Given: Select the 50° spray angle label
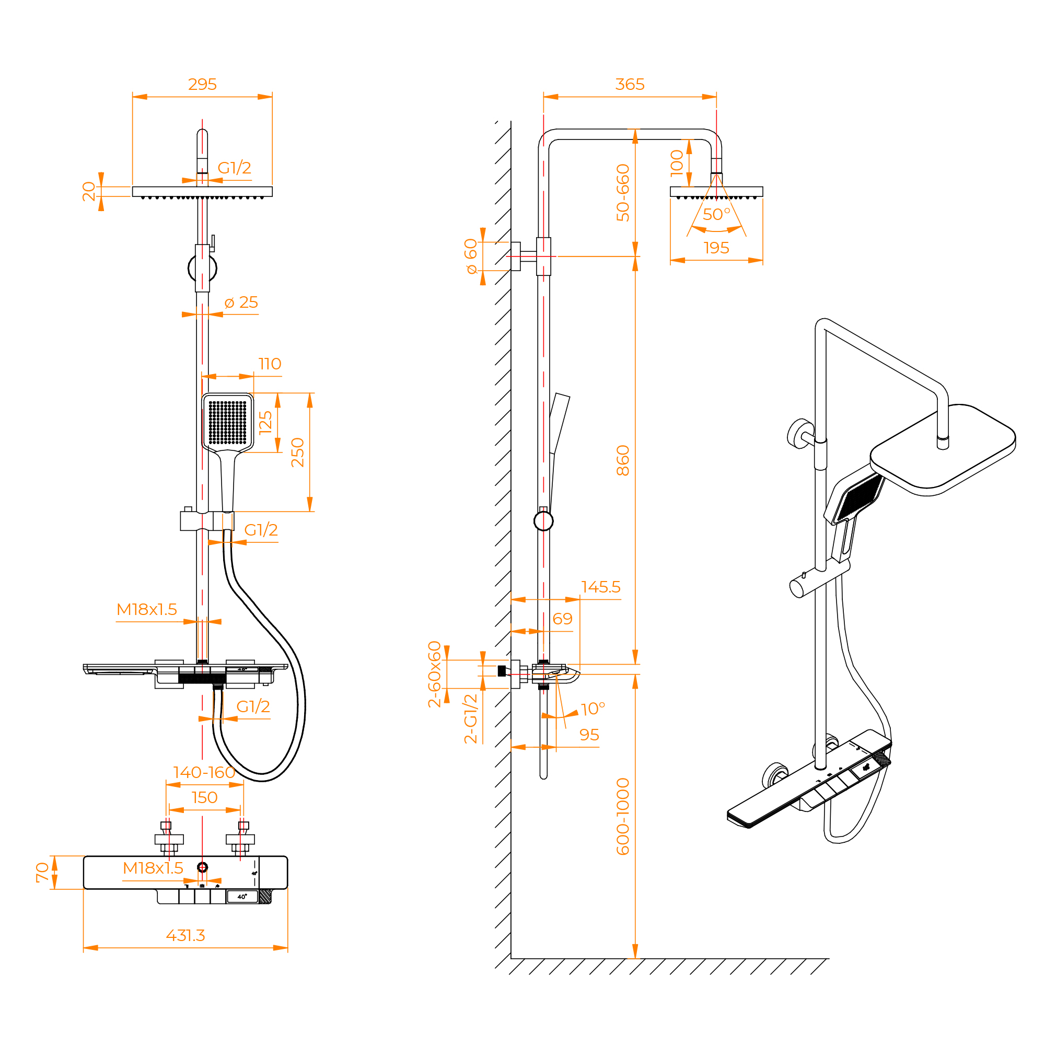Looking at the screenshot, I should (716, 215).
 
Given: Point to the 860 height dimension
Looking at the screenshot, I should (623, 460).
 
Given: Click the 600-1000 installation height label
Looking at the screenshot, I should (623, 816).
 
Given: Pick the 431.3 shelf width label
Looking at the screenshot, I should (185, 935).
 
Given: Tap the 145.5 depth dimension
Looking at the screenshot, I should (600, 587).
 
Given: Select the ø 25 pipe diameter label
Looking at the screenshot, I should (241, 303).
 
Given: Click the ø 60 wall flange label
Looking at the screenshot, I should (471, 256).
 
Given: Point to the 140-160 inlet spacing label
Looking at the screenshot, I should (204, 772).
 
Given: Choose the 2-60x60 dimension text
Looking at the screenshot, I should (435, 674).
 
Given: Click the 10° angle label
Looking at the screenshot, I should (593, 709).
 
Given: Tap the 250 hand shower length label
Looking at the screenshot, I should (298, 452).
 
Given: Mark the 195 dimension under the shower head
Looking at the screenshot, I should (716, 248).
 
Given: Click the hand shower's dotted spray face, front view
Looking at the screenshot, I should (227, 422).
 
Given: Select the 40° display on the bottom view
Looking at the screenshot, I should (242, 897).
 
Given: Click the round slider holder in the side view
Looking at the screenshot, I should (543, 521).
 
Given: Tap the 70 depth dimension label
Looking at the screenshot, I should (42, 873).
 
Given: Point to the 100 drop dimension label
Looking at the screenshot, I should (677, 163).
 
